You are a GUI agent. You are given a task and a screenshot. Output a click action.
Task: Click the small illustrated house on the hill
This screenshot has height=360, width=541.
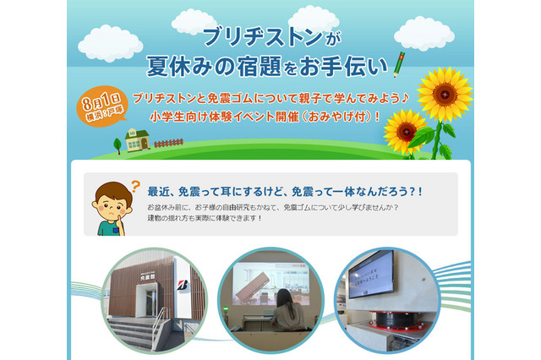(136, 139)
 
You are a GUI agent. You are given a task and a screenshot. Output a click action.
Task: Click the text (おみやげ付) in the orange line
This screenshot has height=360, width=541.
(338, 114)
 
